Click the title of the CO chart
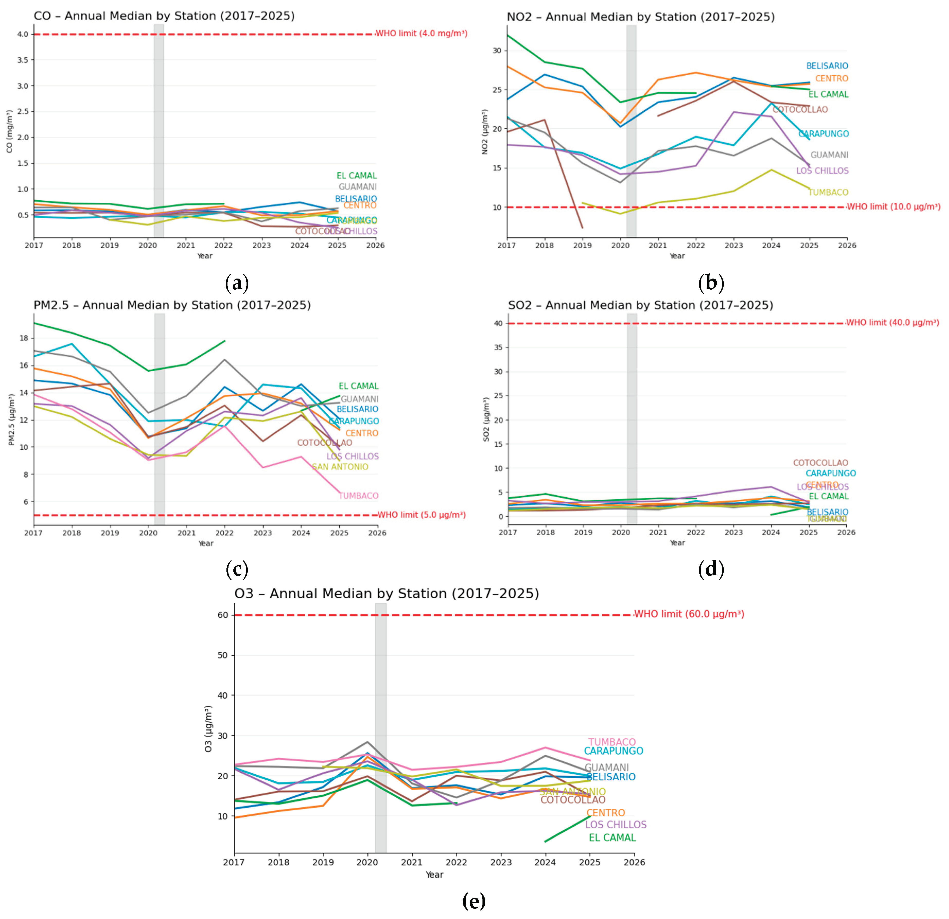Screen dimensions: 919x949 pos(164,16)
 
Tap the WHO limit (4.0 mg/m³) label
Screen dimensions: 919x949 pos(421,33)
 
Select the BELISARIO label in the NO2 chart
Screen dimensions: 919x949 pos(827,66)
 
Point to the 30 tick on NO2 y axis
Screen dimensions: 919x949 pos(497,50)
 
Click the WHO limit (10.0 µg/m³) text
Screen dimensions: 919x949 pos(893,207)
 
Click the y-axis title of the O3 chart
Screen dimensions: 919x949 pos(208,729)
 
